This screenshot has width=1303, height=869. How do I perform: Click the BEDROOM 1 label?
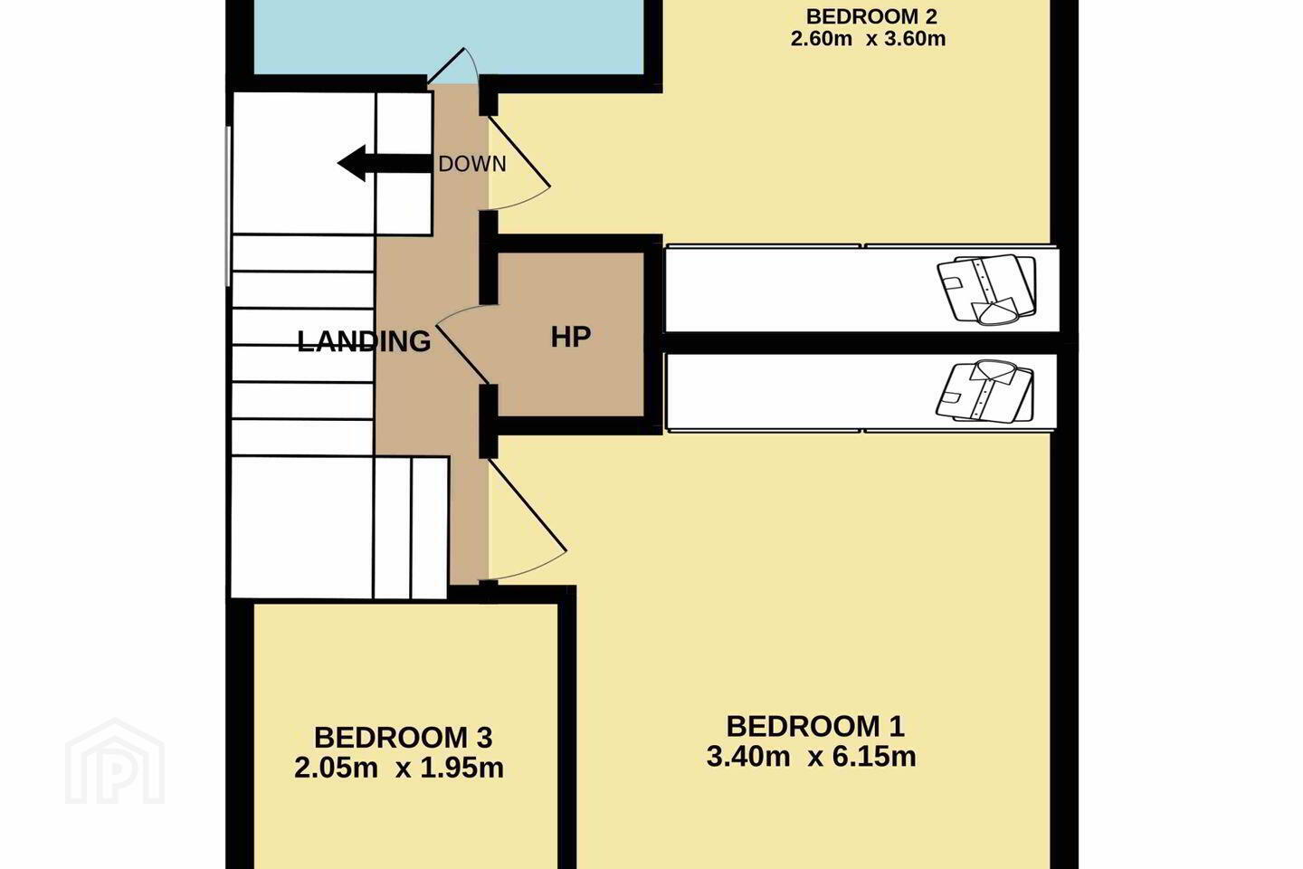815,726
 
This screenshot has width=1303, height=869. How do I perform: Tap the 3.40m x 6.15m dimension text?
812,757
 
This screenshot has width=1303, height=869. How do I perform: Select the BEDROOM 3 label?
404,738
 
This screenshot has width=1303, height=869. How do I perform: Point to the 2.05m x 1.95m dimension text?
399,769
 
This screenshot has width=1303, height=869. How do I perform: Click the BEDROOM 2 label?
871,16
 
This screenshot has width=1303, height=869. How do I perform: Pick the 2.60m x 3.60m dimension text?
868,39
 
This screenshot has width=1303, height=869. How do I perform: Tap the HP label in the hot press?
571,337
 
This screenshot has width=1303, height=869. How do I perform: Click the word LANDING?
364,341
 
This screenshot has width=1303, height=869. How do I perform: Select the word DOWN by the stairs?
472,164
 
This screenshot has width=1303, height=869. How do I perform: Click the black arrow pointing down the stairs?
385,164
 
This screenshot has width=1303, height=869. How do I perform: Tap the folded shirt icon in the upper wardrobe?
986,289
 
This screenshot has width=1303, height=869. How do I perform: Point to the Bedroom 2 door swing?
519,164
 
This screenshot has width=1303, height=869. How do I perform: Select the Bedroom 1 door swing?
527,520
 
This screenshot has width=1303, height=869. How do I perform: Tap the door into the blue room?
453,66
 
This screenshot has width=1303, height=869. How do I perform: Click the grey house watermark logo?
115,762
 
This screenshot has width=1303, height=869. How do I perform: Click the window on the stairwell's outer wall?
229,206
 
